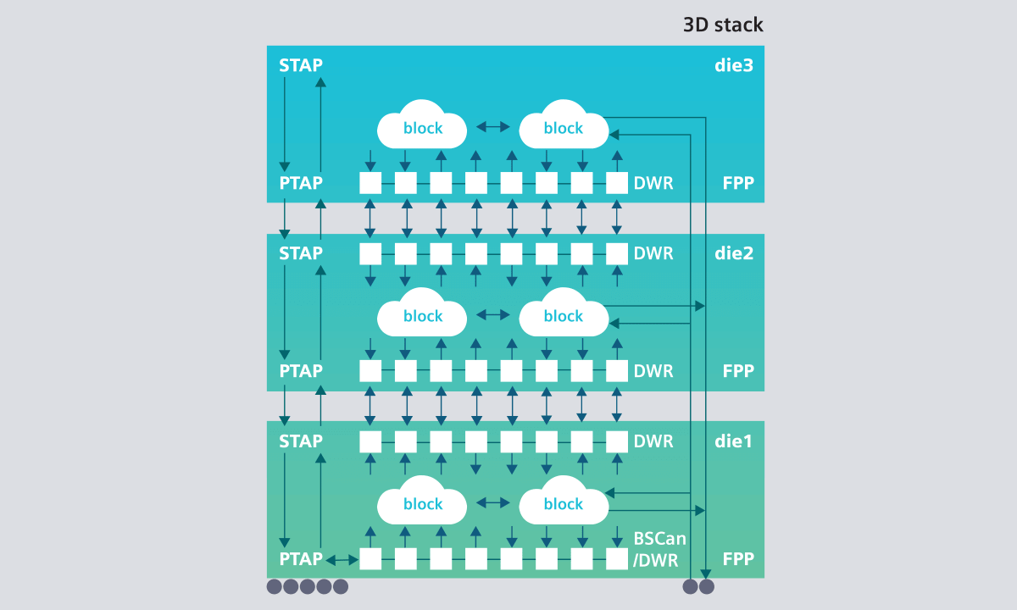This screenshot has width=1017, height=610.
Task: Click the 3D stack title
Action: [x=723, y=25]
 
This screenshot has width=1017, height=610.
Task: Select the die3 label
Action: [x=733, y=65]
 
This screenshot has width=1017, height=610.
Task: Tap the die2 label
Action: [x=733, y=252]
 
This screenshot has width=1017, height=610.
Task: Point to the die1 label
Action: [x=733, y=441]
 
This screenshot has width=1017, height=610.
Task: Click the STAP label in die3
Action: [x=301, y=65]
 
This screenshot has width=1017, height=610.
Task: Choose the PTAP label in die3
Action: [x=301, y=183]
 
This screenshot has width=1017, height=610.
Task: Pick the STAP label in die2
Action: [x=301, y=252]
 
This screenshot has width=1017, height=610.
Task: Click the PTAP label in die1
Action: [x=301, y=559]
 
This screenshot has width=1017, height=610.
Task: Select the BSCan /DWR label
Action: [x=659, y=548]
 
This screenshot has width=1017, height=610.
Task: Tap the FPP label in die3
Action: [x=738, y=183]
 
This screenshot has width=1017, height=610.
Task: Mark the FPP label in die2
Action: [x=738, y=371]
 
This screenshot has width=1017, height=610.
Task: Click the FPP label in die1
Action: [x=738, y=559]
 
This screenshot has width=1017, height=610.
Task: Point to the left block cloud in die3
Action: [x=422, y=127]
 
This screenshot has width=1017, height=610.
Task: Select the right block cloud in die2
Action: [x=564, y=315]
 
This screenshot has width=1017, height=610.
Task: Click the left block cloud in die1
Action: [x=422, y=503]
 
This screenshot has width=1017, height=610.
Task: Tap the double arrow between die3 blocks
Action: [x=492, y=127]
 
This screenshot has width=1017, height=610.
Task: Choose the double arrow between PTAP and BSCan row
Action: [x=342, y=559]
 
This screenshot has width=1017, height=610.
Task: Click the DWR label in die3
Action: [x=653, y=183]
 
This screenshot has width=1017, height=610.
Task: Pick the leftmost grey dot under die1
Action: [x=275, y=586]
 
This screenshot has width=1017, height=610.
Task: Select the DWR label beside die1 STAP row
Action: [x=653, y=441]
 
